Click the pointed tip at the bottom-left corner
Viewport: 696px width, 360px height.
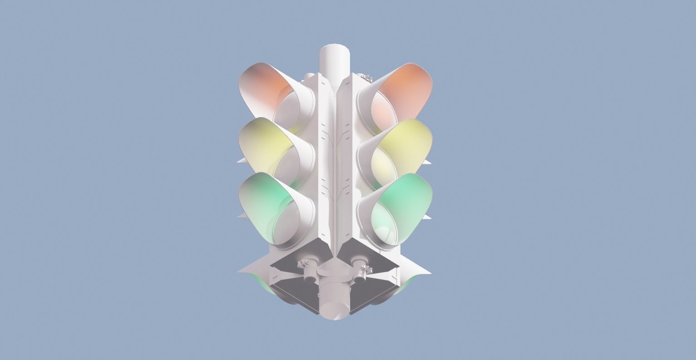click(241, 271)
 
